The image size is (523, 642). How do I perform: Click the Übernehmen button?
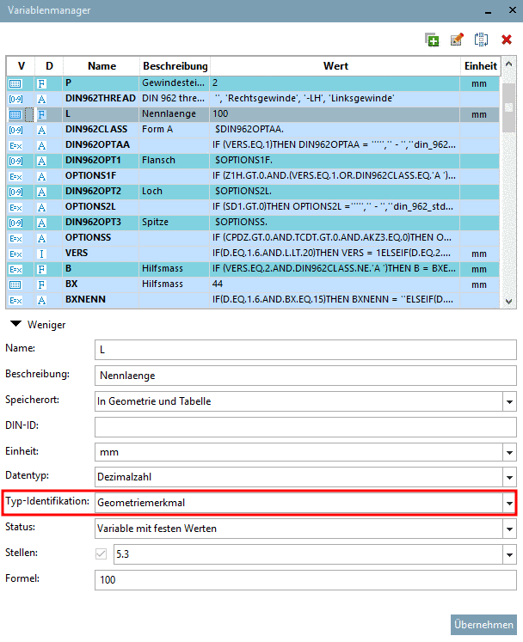484,625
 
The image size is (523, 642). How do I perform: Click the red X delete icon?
507,40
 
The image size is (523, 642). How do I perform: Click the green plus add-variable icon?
432,40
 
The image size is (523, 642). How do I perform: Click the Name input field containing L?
305,350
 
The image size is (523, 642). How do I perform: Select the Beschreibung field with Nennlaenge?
305,376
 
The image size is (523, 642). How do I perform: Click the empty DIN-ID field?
305,426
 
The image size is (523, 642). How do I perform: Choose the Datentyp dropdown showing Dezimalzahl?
305,477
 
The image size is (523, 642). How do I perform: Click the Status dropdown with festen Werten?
305,528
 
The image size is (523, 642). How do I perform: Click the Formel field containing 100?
305,579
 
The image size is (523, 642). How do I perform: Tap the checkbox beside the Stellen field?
102,554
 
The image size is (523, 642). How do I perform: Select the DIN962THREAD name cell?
101,98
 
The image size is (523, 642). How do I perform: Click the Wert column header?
335,65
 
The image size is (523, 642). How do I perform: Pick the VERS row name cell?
101,253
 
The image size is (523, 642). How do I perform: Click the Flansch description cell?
174,160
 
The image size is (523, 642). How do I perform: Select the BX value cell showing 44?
335,284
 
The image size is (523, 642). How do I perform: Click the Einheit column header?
480,65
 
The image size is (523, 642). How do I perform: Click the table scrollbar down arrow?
509,300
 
